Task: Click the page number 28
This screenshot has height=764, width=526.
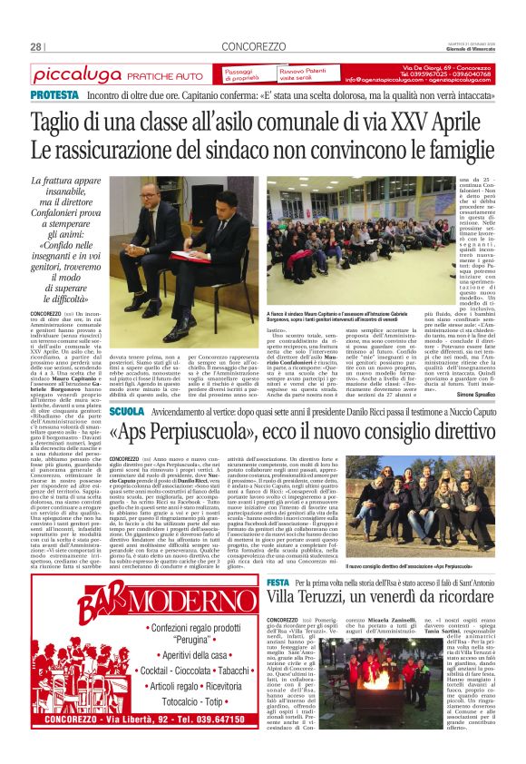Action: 36,46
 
